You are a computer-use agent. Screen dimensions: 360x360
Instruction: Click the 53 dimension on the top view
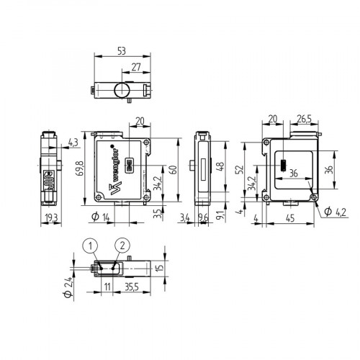click(122, 52)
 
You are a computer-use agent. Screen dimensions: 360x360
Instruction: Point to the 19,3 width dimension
click(50, 217)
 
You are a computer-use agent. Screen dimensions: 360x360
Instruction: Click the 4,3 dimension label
click(73, 141)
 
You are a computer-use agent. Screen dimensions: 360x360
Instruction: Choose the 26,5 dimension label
click(302, 119)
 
